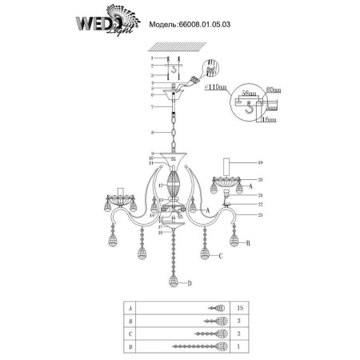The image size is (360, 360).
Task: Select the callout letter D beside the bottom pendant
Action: coord(189,284)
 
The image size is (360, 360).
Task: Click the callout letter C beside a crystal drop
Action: coord(218,255)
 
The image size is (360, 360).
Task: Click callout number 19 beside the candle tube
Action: coord(260,162)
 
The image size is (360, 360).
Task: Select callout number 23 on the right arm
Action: coord(260,216)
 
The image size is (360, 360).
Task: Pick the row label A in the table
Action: coord(130,306)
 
